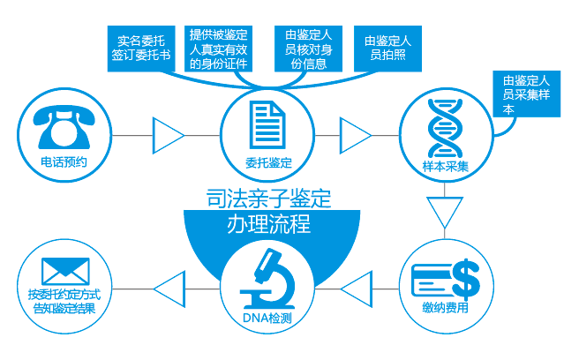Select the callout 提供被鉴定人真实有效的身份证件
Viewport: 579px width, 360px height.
pyautogui.click(x=220, y=48)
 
